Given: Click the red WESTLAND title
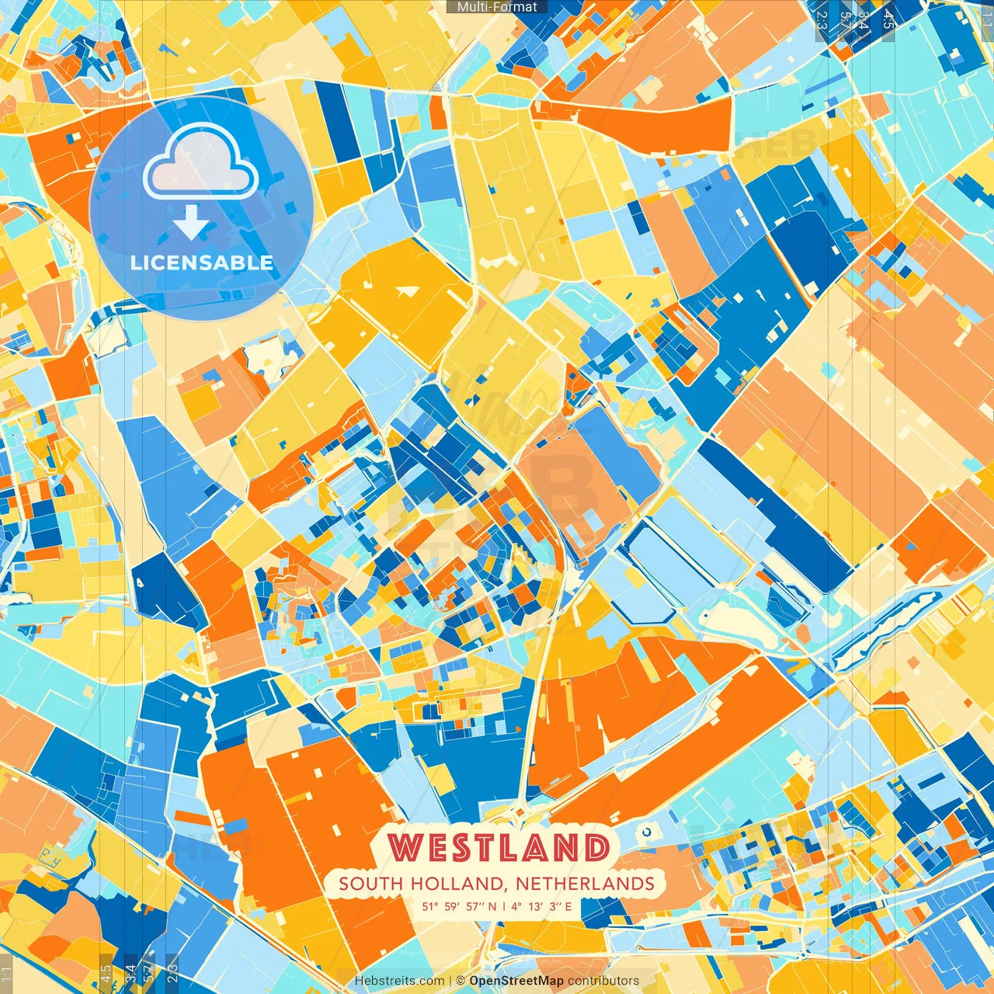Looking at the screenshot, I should click(x=498, y=848).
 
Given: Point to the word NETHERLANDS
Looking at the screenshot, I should click(x=585, y=884).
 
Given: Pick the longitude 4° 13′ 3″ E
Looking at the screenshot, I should click(x=541, y=905).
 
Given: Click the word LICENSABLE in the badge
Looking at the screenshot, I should click(x=202, y=262).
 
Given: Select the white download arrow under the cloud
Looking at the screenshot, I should click(x=191, y=224).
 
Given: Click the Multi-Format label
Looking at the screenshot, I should click(x=497, y=7).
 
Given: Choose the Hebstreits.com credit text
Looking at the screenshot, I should click(x=399, y=981).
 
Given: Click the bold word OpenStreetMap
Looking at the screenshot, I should click(x=516, y=981).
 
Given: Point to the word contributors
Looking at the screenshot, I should click(x=603, y=981).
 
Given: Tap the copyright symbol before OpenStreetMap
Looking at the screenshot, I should click(x=461, y=981).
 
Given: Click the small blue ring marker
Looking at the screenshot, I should click(x=646, y=833).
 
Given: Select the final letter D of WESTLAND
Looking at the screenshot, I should click(x=595, y=848).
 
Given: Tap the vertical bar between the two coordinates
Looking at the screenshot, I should click(x=503, y=905).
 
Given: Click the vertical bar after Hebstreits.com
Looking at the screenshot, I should click(x=450, y=981).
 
